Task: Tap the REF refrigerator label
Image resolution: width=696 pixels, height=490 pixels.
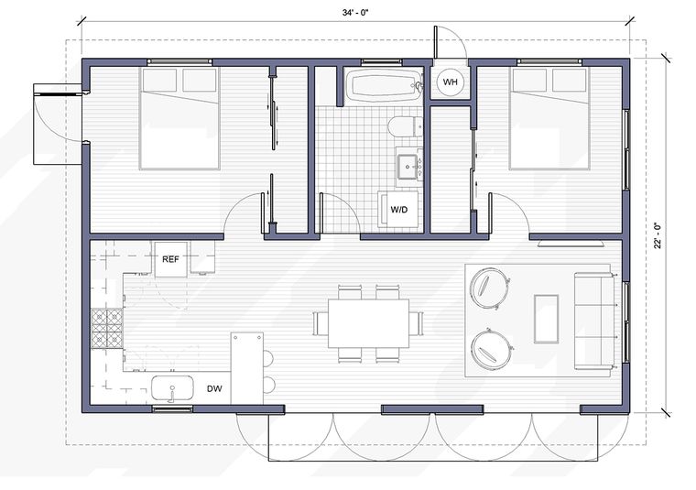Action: [170, 259]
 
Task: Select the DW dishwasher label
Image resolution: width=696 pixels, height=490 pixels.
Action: [214, 389]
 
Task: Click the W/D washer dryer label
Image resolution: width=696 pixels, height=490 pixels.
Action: [398, 209]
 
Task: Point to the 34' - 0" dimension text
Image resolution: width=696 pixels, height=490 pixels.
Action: [355, 13]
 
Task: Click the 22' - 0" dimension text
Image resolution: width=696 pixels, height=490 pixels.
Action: [658, 235]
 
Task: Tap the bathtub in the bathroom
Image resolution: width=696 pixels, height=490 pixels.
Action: [383, 85]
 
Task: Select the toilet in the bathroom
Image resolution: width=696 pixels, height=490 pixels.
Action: [405, 126]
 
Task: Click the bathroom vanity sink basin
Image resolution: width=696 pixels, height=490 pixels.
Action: [408, 166]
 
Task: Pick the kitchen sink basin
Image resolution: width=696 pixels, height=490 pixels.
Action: [173, 388]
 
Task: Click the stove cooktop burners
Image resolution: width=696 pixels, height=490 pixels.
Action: [107, 329]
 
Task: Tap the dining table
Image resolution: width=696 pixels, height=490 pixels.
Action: [368, 323]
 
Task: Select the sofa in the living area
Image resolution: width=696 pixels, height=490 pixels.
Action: [594, 321]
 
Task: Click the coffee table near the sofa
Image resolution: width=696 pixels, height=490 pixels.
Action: [546, 319]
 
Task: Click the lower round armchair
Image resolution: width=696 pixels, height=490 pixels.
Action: [491, 349]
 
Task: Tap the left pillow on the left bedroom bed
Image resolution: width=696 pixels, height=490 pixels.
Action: [159, 81]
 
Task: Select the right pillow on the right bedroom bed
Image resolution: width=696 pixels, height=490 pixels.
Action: [570, 81]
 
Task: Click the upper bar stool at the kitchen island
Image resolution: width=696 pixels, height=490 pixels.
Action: [268, 358]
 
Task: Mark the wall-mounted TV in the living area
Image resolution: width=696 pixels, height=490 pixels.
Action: [570, 244]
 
